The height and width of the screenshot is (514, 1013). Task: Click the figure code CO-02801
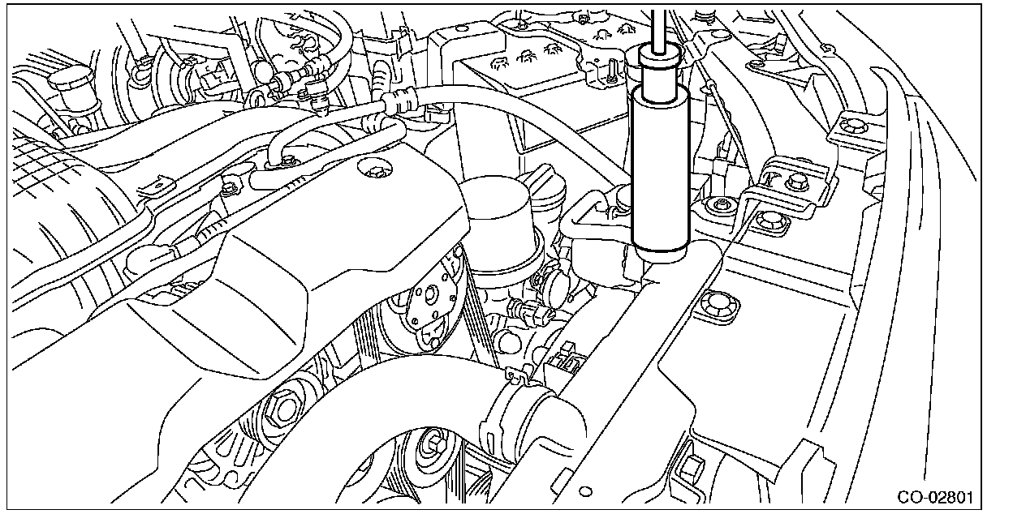click(935, 497)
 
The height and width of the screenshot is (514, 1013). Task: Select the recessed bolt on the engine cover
click(375, 170)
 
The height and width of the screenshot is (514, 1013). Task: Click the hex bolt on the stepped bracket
click(797, 182)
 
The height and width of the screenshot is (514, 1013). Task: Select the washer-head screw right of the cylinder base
click(718, 205)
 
